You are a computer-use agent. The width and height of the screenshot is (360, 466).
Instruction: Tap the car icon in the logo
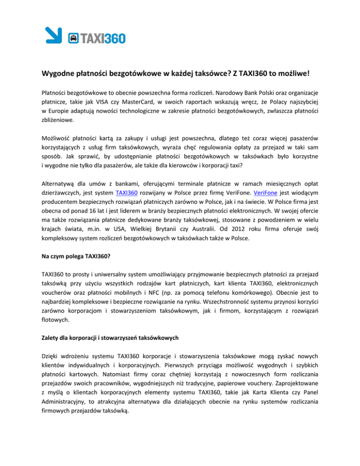tap(73, 38)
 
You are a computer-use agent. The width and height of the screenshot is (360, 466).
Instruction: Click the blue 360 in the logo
tap(112, 38)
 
